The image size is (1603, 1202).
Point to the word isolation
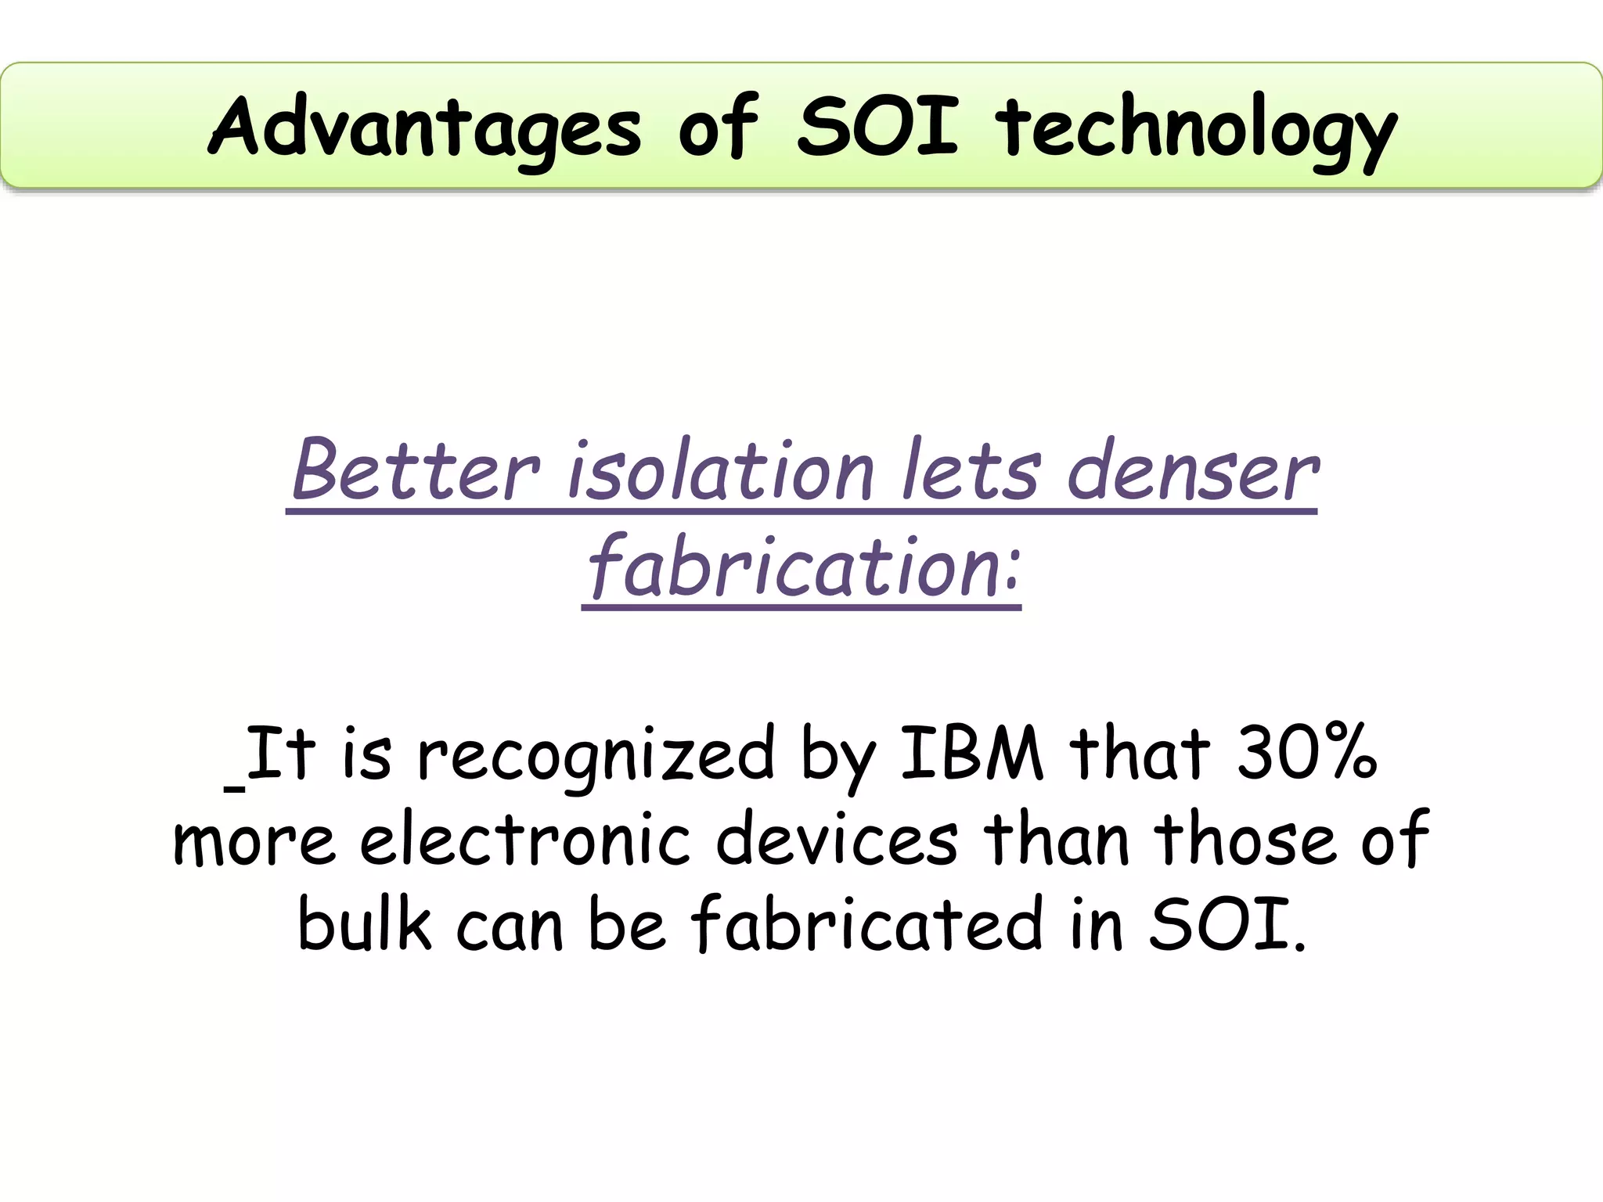coord(720,471)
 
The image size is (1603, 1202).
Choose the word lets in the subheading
coord(971,471)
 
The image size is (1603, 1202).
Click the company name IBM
coord(971,754)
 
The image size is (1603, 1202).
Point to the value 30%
coord(1306,754)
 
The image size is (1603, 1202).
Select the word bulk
coord(364,924)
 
